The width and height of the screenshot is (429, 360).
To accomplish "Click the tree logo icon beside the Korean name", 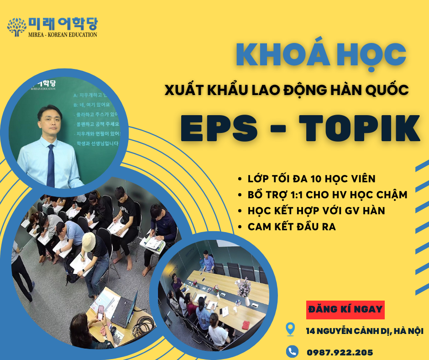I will coord(17,27).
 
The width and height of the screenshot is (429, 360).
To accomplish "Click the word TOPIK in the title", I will coord(358,128).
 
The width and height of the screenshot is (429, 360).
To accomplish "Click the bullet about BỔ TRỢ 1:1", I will coord(327,195).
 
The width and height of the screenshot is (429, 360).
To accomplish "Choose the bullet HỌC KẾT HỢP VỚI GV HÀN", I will coord(316,211).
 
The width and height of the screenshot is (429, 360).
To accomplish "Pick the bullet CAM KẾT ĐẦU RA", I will coord(292,227).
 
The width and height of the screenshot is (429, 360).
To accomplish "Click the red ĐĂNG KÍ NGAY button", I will coord(345,309).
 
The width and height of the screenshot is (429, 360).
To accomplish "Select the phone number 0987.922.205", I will coord(340,352).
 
